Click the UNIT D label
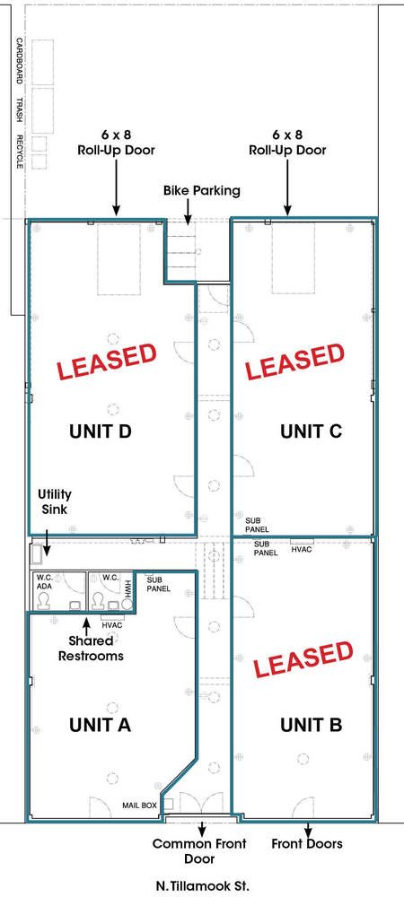[x=101, y=431]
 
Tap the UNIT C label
[x=312, y=431]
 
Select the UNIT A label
[x=101, y=725]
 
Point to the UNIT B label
[x=312, y=725]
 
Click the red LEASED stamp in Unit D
[x=107, y=361]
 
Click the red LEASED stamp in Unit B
[x=303, y=659]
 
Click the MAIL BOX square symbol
[x=168, y=805]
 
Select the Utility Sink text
[x=55, y=501]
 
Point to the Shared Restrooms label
[x=91, y=649]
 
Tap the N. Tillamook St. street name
[x=202, y=887]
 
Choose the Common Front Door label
[x=199, y=850]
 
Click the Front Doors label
[x=307, y=843]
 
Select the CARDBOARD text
[x=19, y=61]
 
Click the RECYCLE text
[x=19, y=152]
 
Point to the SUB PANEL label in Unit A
[x=159, y=584]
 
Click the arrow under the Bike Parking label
[x=188, y=212]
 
